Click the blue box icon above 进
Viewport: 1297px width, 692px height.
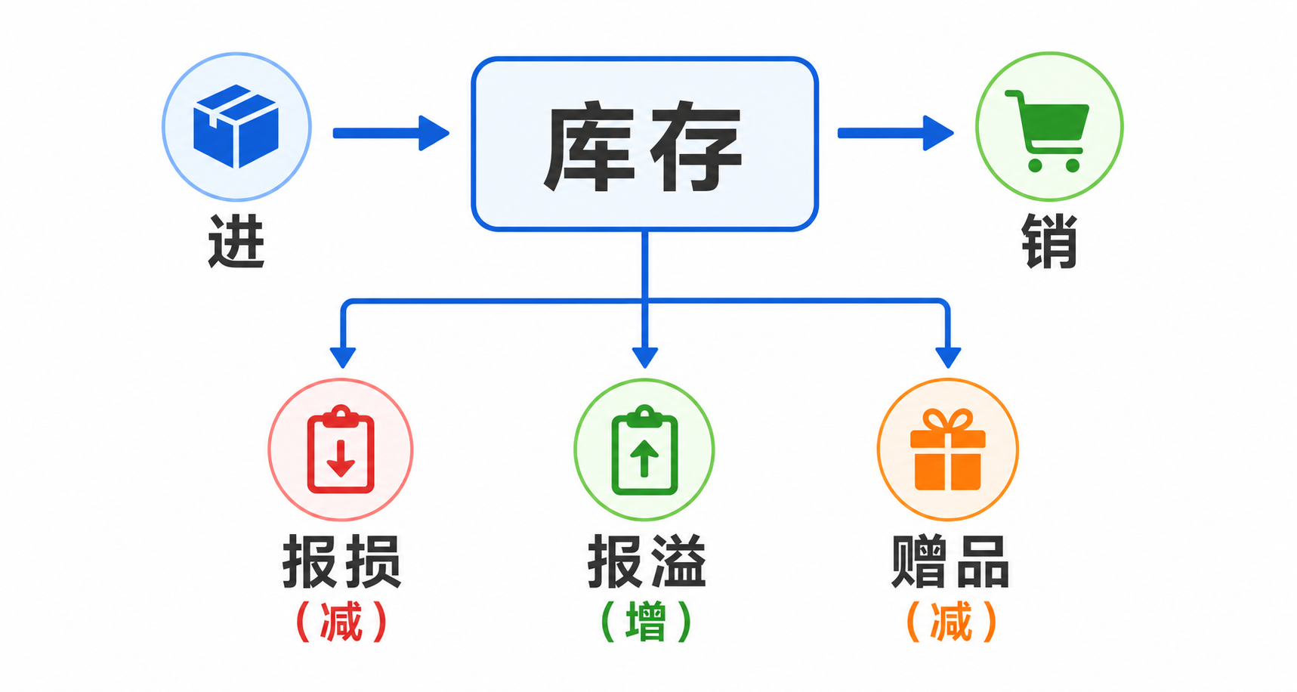pyautogui.click(x=236, y=126)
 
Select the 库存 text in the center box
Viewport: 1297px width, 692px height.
pyautogui.click(x=643, y=147)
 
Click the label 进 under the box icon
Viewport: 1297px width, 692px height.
pyautogui.click(x=236, y=241)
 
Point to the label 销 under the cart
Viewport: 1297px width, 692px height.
pyautogui.click(x=1049, y=241)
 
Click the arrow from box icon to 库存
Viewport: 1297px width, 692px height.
pyautogui.click(x=391, y=133)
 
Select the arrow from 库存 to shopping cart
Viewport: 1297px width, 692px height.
pyautogui.click(x=896, y=133)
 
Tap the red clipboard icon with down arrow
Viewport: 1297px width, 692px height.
pyautogui.click(x=341, y=449)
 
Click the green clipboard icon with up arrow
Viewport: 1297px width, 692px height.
pyautogui.click(x=644, y=449)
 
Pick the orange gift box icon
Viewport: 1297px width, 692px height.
pyautogui.click(x=948, y=449)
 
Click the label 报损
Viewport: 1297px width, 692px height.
pyautogui.click(x=341, y=561)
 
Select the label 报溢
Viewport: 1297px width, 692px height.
pyautogui.click(x=647, y=561)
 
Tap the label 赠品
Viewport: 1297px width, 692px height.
pyautogui.click(x=950, y=561)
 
